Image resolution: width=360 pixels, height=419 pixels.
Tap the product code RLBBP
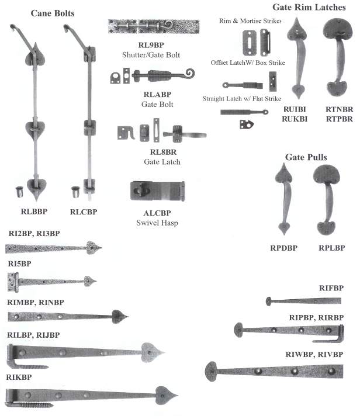click(33, 212)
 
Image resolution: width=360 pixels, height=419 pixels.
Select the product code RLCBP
click(83, 212)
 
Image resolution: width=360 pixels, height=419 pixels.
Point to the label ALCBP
click(154, 213)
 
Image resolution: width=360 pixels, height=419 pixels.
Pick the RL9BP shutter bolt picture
click(153, 26)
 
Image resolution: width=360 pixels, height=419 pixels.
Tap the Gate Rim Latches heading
click(306, 7)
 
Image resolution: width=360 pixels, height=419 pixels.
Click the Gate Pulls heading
click(306, 157)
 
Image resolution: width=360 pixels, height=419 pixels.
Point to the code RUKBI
click(295, 118)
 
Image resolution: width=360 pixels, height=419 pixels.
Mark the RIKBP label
click(19, 377)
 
